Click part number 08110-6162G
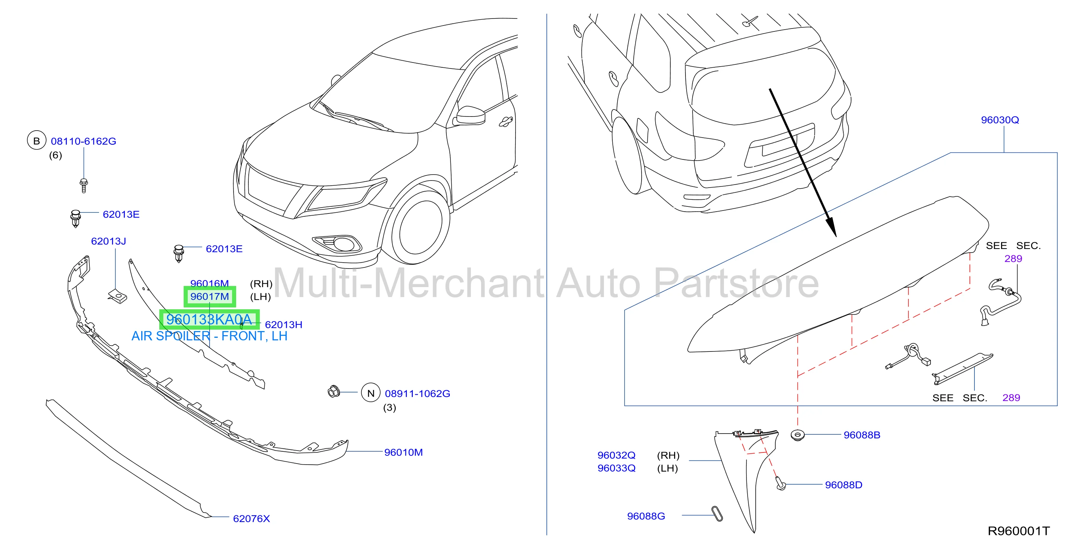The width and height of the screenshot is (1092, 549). (x=84, y=141)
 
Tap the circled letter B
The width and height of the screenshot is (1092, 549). (x=37, y=141)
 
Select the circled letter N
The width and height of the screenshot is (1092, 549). (x=371, y=393)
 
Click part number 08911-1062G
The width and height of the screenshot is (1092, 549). (x=418, y=394)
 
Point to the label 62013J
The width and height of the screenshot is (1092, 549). (x=109, y=242)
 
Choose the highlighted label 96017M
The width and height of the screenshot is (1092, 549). (x=210, y=297)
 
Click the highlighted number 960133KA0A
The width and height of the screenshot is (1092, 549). (x=209, y=320)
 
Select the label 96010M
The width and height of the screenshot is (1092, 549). (x=404, y=452)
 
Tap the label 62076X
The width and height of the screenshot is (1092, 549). (x=251, y=518)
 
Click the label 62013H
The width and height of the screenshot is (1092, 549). (x=283, y=324)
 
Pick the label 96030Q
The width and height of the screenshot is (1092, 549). (x=1000, y=120)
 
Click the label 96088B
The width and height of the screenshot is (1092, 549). (x=862, y=435)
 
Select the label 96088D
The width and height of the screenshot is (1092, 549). (x=844, y=485)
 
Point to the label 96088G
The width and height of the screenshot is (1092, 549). (x=646, y=516)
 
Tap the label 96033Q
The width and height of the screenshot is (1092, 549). (x=616, y=468)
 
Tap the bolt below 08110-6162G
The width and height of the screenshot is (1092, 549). (x=84, y=185)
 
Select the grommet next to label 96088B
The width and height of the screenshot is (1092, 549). (x=797, y=435)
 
